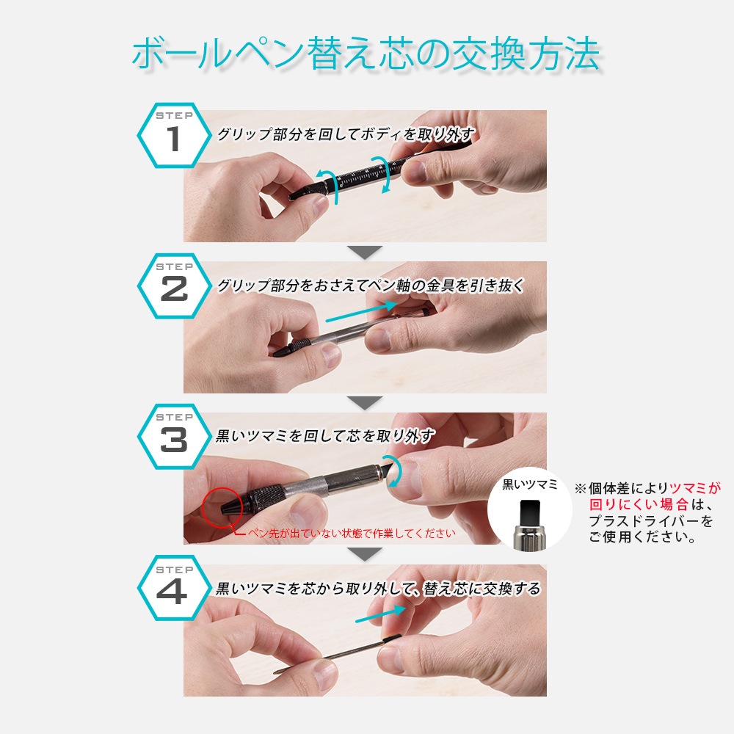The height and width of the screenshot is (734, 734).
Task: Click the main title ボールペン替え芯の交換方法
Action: pyautogui.click(x=366, y=54)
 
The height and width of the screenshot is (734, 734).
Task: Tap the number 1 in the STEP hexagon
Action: pyautogui.click(x=174, y=139)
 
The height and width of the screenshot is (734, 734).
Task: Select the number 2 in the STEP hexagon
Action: pyautogui.click(x=174, y=288)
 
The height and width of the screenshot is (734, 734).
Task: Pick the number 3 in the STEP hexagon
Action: pyautogui.click(x=174, y=440)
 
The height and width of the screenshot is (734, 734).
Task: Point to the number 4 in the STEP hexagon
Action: pyautogui.click(x=172, y=592)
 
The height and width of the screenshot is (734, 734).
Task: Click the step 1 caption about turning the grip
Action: pyautogui.click(x=346, y=134)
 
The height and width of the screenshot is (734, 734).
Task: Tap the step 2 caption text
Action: pyautogui.click(x=370, y=286)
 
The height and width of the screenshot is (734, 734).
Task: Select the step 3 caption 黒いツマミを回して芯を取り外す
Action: pyautogui.click(x=325, y=436)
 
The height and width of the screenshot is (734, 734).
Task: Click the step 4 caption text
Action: pyautogui.click(x=378, y=589)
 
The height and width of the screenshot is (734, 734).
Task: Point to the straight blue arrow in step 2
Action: pyautogui.click(x=361, y=312)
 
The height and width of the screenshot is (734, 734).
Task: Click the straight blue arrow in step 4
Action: pyautogui.click(x=380, y=614)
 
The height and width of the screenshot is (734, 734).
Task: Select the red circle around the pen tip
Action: pyautogui.click(x=223, y=508)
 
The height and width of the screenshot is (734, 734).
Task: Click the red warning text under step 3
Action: pyautogui.click(x=352, y=533)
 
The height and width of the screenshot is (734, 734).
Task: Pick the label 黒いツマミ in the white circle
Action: pyautogui.click(x=530, y=484)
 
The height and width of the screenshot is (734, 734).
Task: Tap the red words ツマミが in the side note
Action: pyautogui.click(x=694, y=488)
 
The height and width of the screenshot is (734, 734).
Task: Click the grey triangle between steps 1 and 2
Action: pyautogui.click(x=365, y=252)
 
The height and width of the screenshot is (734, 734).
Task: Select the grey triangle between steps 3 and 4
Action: pyautogui.click(x=365, y=554)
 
